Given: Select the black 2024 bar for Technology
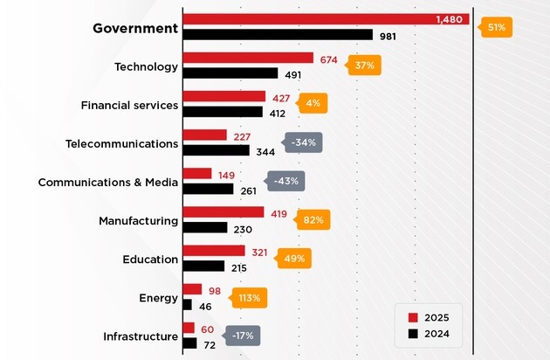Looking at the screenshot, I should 229,73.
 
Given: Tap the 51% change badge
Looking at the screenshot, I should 495,28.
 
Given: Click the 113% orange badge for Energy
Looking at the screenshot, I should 249,297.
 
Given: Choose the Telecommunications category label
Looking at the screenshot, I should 121,143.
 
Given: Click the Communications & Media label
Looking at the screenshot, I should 108,182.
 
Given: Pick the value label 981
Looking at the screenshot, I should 388,35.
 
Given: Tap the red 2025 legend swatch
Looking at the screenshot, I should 414,316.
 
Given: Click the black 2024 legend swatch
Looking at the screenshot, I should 414,333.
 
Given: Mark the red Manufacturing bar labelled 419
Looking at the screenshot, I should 222,212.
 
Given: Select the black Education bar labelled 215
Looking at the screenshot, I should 203,266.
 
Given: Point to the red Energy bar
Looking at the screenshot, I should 191,289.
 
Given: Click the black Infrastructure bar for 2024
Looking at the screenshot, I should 189,343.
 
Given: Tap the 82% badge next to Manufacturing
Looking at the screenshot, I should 313,219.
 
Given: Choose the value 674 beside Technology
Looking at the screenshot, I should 328,59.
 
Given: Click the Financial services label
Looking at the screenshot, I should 129,105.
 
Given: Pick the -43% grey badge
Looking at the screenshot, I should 285,181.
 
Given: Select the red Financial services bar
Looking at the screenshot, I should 223,96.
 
